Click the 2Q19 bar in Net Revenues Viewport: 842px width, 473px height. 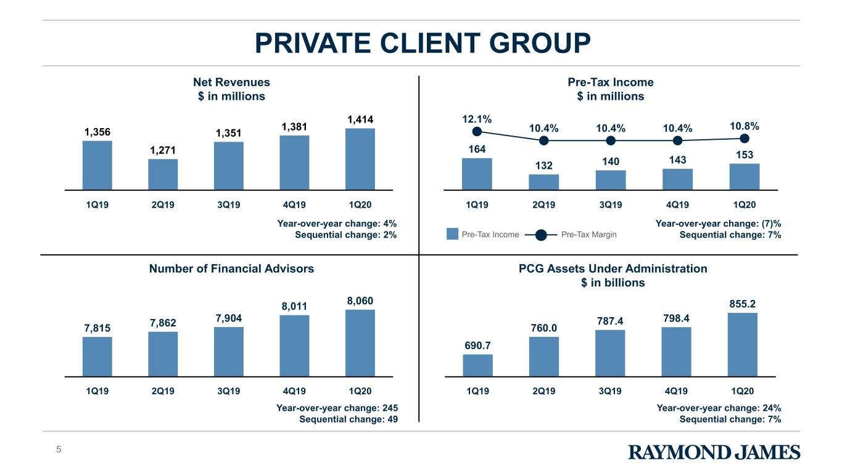tap(163, 174)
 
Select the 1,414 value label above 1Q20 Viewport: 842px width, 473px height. tap(360, 119)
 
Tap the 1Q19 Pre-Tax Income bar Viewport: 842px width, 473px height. tap(477, 174)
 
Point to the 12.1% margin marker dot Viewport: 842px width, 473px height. tap(477, 132)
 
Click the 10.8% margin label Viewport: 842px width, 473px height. tap(745, 126)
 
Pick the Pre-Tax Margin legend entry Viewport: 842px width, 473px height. tap(571, 235)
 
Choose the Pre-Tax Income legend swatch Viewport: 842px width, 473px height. tap(452, 234)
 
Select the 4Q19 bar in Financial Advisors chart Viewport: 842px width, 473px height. tap(294, 346)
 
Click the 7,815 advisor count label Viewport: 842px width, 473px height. tap(97, 328)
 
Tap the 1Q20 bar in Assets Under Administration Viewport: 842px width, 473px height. tap(743, 345)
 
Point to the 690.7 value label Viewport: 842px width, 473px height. tap(477, 346)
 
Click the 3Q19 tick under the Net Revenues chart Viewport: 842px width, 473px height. tap(228, 205)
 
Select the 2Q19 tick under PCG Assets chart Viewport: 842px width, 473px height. tap(543, 391)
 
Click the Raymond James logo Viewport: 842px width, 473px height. tap(714, 452)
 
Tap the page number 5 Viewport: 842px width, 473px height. tap(59, 450)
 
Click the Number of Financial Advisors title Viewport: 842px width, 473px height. tap(231, 269)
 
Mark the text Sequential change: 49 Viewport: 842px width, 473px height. tap(349, 419)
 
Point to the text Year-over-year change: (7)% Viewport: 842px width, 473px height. tap(719, 224)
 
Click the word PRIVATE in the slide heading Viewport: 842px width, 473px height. tap(313, 43)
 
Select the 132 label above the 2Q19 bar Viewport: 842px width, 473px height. tap(543, 166)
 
